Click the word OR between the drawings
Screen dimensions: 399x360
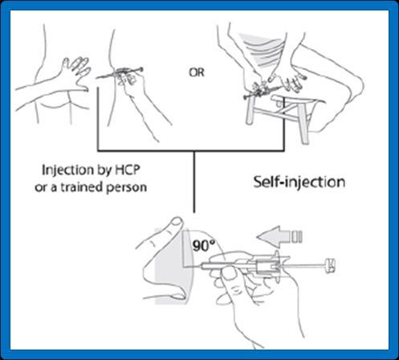[197, 72]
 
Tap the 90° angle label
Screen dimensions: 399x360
[204, 246]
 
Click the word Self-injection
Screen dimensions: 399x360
[299, 182]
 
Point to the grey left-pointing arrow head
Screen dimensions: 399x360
[268, 236]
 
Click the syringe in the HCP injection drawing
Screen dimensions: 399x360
[119, 74]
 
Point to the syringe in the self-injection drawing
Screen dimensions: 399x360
[263, 91]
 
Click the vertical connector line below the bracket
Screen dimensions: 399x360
[194, 182]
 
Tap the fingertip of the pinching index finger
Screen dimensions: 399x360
[177, 223]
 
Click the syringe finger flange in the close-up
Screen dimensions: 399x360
[277, 265]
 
